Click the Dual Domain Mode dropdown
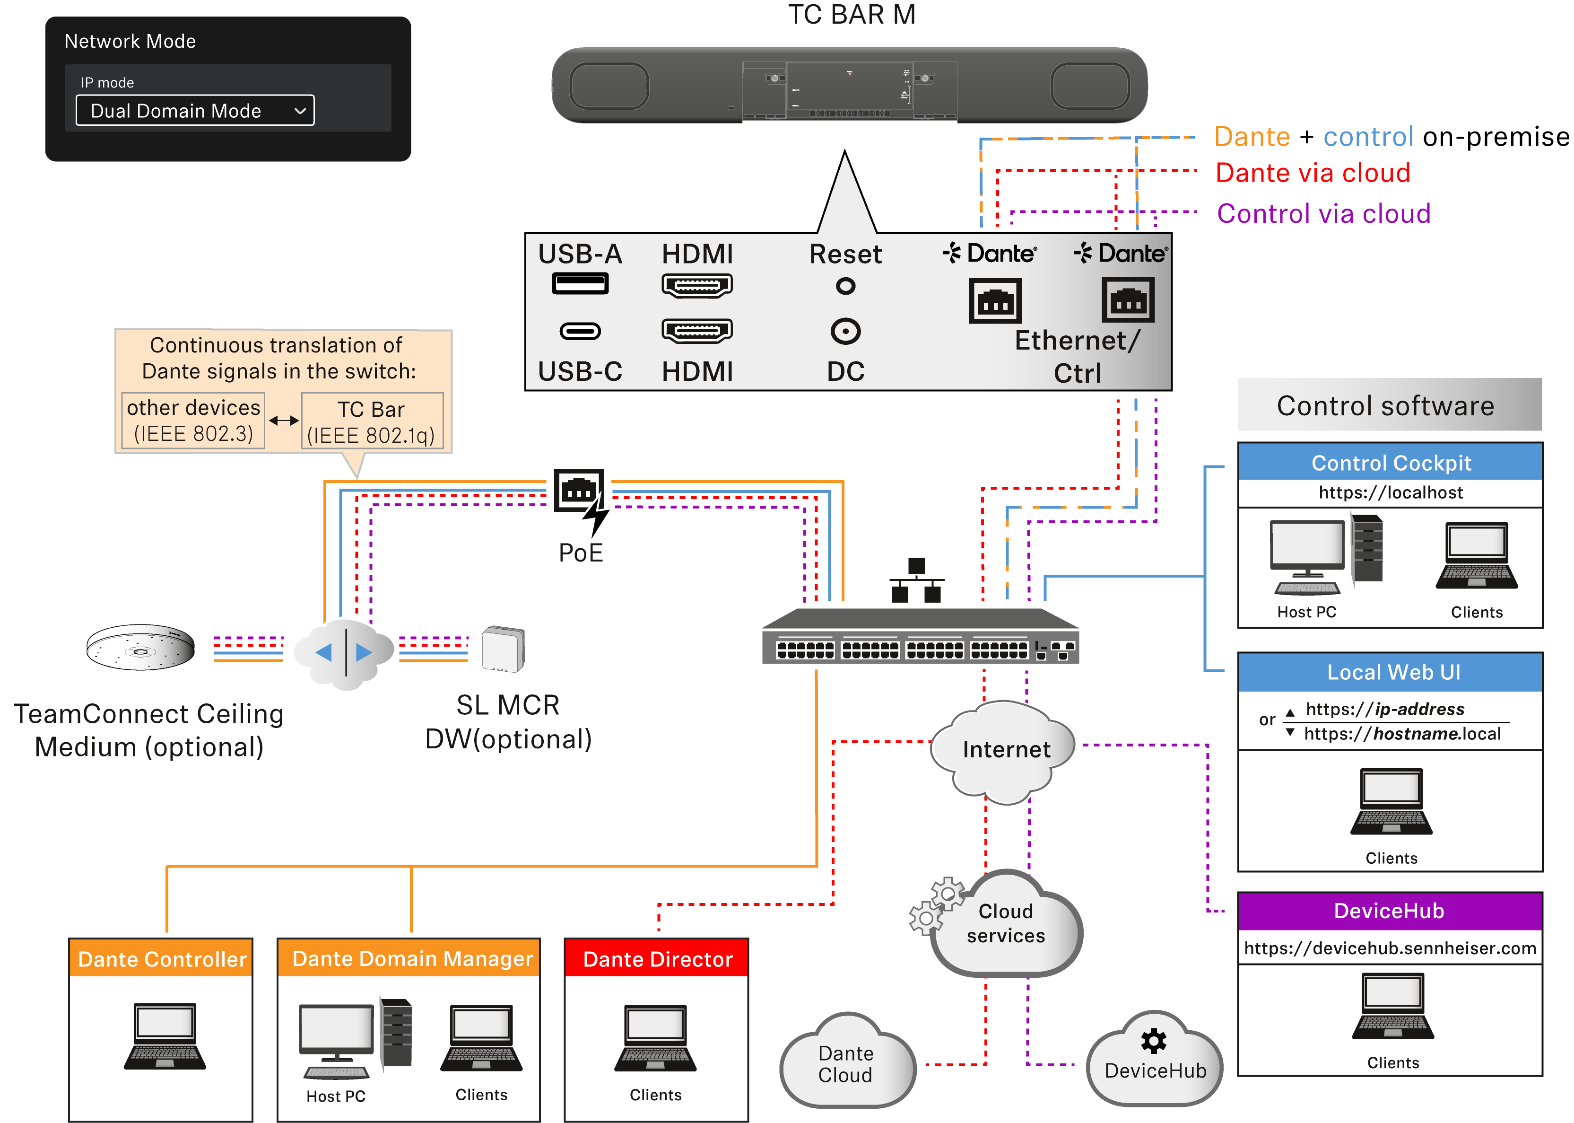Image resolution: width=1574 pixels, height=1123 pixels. coord(194,111)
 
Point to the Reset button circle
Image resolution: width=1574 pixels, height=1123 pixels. coord(845,286)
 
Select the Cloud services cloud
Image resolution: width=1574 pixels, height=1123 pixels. coord(1006,923)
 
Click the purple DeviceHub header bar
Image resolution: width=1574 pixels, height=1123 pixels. coord(1390,911)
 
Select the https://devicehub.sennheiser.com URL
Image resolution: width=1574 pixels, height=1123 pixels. coord(1390,948)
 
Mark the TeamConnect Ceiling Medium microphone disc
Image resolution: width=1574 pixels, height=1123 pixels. coord(140,648)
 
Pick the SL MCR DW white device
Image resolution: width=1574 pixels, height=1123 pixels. coord(503,649)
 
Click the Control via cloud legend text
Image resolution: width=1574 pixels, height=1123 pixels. coord(1322,214)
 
